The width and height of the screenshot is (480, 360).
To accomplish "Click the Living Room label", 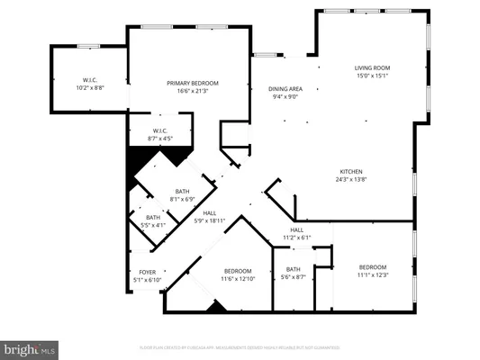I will tap(370, 68).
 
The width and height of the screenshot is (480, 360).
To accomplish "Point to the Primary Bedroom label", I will tap(193, 83).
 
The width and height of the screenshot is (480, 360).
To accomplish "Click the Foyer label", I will tap(147, 272).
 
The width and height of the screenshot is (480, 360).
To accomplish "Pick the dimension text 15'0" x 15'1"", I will tap(370, 76).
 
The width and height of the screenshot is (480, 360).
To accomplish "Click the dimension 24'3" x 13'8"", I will tap(350, 179).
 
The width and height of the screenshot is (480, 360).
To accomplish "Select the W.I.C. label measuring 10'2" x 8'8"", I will tap(89, 80).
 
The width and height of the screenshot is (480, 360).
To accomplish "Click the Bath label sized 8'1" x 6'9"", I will tap(183, 191).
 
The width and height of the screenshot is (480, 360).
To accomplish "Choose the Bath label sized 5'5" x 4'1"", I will tap(153, 217).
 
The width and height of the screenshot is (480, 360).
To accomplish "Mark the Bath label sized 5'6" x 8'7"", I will tap(294, 269).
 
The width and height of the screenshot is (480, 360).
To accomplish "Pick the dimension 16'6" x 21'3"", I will tap(193, 91).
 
